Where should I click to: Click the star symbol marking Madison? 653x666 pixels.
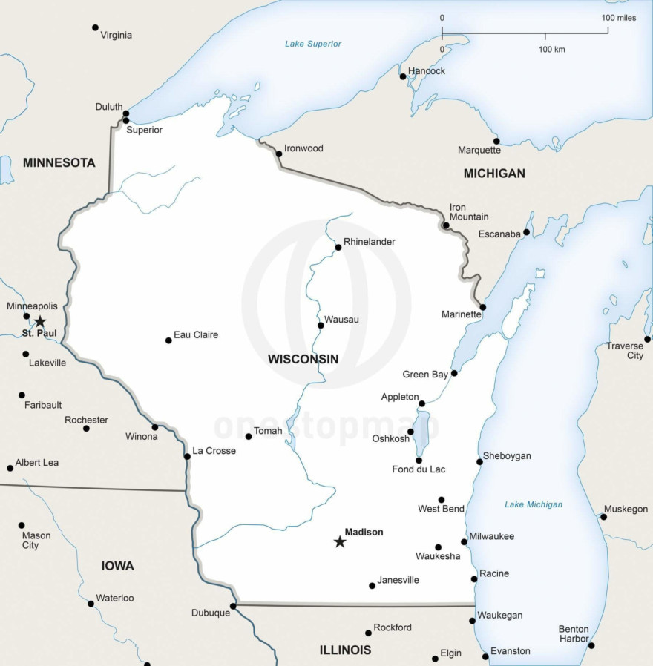pos(340,542)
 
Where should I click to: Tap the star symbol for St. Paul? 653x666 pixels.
pos(40,321)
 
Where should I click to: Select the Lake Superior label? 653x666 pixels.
pos(313,44)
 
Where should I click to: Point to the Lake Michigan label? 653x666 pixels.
pos(534,504)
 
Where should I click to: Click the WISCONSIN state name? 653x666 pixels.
pos(303,359)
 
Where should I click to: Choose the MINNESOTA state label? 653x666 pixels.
pos(59,162)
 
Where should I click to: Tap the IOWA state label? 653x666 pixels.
pos(117,566)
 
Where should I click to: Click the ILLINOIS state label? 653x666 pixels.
pos(345,650)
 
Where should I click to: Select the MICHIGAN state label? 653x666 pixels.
pos(494,173)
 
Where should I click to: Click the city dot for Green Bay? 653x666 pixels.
pos(454,373)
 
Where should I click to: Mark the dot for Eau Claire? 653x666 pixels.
pos(168,340)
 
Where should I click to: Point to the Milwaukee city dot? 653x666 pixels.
pos(464,541)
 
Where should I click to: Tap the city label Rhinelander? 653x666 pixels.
pos(369,242)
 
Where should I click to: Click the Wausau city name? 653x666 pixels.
pos(341,319)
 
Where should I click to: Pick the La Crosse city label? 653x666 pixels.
pos(214,450)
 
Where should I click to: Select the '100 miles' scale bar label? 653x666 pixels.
pos(618,17)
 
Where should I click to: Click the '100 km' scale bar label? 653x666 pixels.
pos(551,49)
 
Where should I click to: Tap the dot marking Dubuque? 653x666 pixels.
pos(232,606)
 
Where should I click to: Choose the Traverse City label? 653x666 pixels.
pos(625,351)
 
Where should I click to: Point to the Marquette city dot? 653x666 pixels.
pos(496,141)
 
